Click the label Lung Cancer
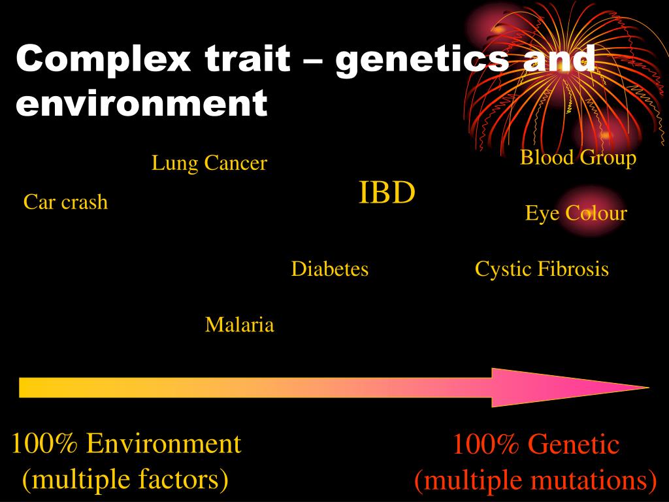click(209, 163)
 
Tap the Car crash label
click(65, 202)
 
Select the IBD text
click(387, 193)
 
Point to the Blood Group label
click(578, 158)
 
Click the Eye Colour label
click(576, 213)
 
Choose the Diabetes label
click(329, 269)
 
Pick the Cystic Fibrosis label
click(542, 269)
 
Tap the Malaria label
click(239, 324)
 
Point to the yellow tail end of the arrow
click(26, 387)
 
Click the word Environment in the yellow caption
click(163, 444)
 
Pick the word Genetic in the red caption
click(573, 445)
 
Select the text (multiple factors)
click(125, 479)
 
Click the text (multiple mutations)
click(535, 480)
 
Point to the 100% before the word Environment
click(44, 444)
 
